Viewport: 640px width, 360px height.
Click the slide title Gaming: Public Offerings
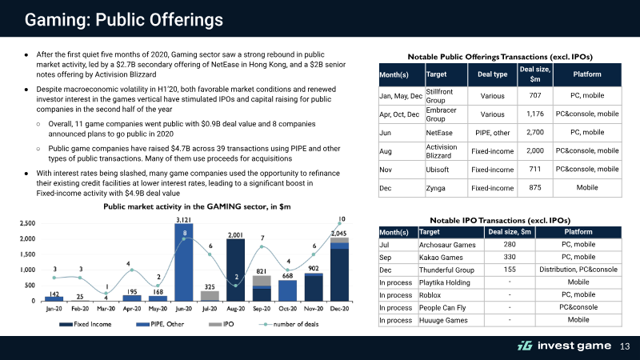(124, 19)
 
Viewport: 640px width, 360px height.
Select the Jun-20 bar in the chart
(184, 262)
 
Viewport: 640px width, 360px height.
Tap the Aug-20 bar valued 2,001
(235, 270)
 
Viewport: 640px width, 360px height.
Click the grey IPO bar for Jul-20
(210, 296)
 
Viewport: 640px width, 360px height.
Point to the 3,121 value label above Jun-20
(183, 219)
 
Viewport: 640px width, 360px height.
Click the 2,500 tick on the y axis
(27, 223)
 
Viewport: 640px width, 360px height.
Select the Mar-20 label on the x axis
(106, 309)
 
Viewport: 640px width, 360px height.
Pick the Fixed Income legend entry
(86, 324)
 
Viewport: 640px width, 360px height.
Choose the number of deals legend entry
(289, 324)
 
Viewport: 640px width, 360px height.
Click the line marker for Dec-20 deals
(339, 223)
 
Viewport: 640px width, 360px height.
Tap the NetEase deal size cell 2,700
(534, 132)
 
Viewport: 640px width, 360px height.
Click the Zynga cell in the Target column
(435, 188)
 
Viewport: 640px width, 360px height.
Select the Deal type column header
(492, 74)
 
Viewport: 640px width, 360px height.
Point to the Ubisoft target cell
(437, 170)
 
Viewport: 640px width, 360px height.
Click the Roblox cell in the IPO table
(430, 294)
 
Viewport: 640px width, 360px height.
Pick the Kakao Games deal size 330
(510, 257)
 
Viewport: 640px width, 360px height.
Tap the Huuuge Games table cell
(443, 320)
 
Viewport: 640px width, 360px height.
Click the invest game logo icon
(525, 346)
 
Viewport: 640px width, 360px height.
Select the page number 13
(625, 346)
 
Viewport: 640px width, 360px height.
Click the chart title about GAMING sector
(197, 206)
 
